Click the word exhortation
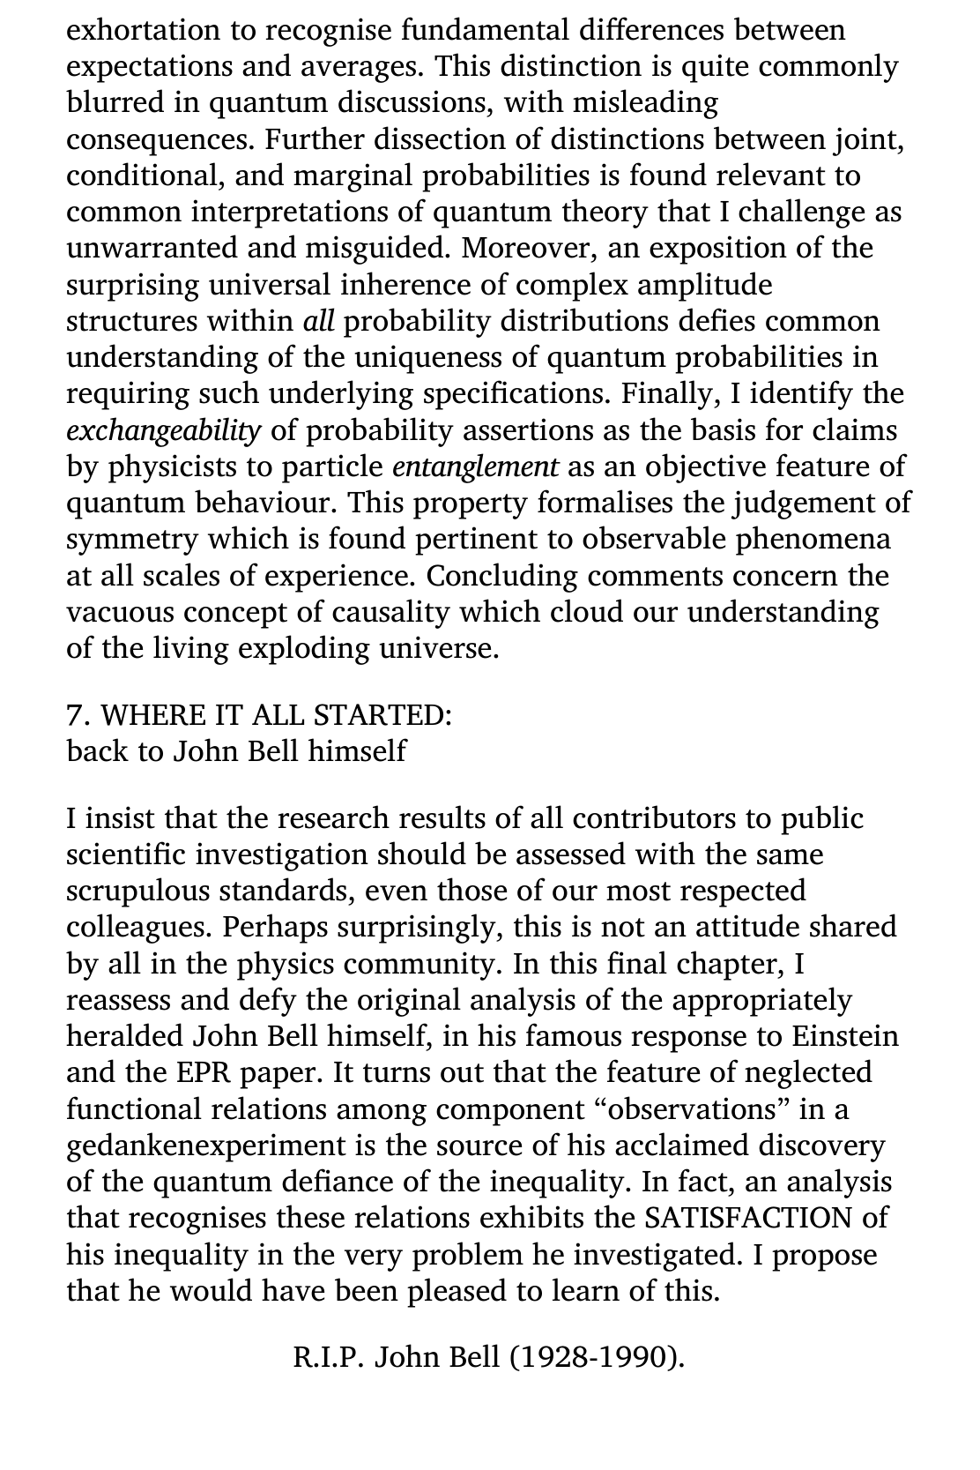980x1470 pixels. [x=141, y=31]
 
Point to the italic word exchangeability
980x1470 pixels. [x=164, y=431]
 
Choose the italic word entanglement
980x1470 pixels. [x=475, y=467]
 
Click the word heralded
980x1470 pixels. [x=124, y=1036]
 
